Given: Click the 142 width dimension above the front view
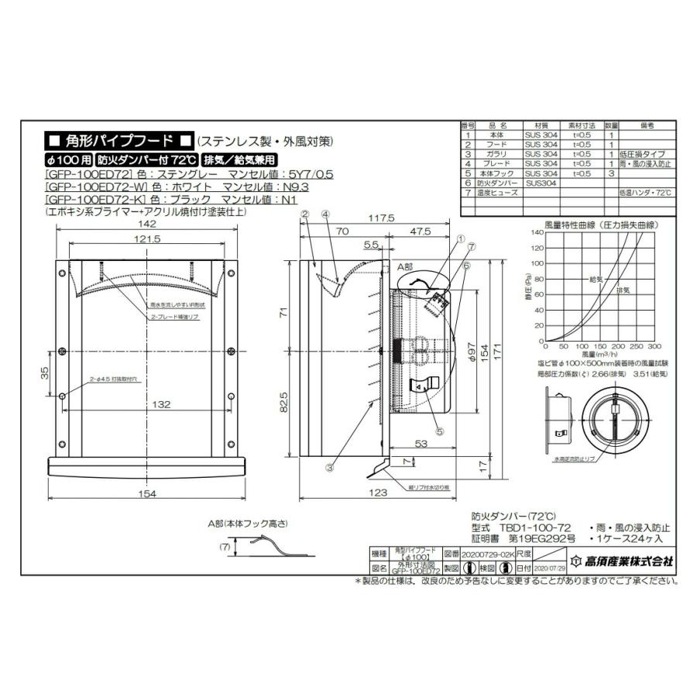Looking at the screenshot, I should click(146, 224).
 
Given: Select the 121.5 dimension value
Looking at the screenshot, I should click(146, 240).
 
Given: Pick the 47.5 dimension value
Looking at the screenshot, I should click(421, 231).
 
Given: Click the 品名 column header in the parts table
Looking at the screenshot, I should click(497, 124).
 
